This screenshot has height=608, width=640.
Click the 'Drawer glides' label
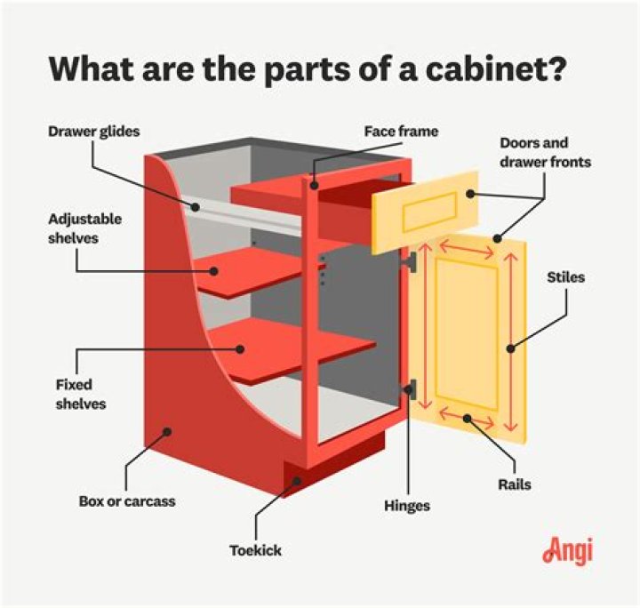tap(93, 132)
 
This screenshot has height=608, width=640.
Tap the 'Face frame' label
tap(401, 132)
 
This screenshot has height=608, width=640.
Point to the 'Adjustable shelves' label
tap(86, 228)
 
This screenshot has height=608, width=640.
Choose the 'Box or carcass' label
tap(126, 501)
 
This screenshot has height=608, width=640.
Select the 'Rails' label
tap(516, 485)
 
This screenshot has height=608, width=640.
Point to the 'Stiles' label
tap(566, 277)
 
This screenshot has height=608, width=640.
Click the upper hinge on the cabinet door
tap(411, 261)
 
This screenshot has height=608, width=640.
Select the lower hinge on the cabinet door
tap(411, 388)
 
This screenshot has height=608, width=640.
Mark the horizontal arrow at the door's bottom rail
tap(466, 417)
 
